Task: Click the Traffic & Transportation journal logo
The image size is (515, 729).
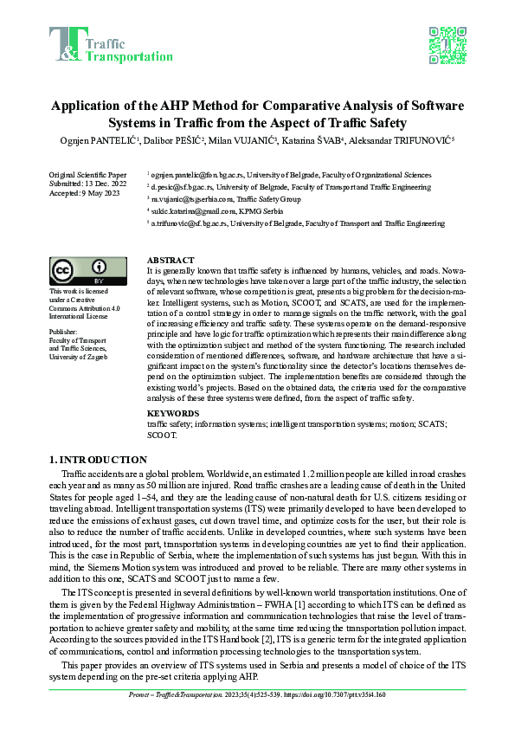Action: [x=111, y=45]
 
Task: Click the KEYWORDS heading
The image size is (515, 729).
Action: [x=171, y=414]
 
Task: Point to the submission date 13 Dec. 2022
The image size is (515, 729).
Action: [x=106, y=183]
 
